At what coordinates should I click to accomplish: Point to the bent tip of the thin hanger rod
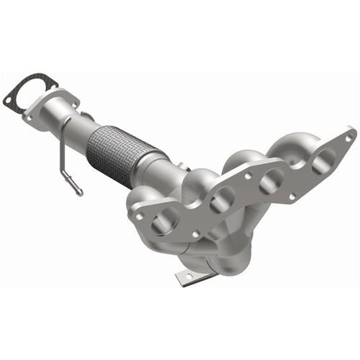click(76, 190)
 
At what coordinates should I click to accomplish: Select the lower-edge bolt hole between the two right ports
click(292, 195)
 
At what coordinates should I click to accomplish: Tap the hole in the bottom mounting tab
click(189, 276)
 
